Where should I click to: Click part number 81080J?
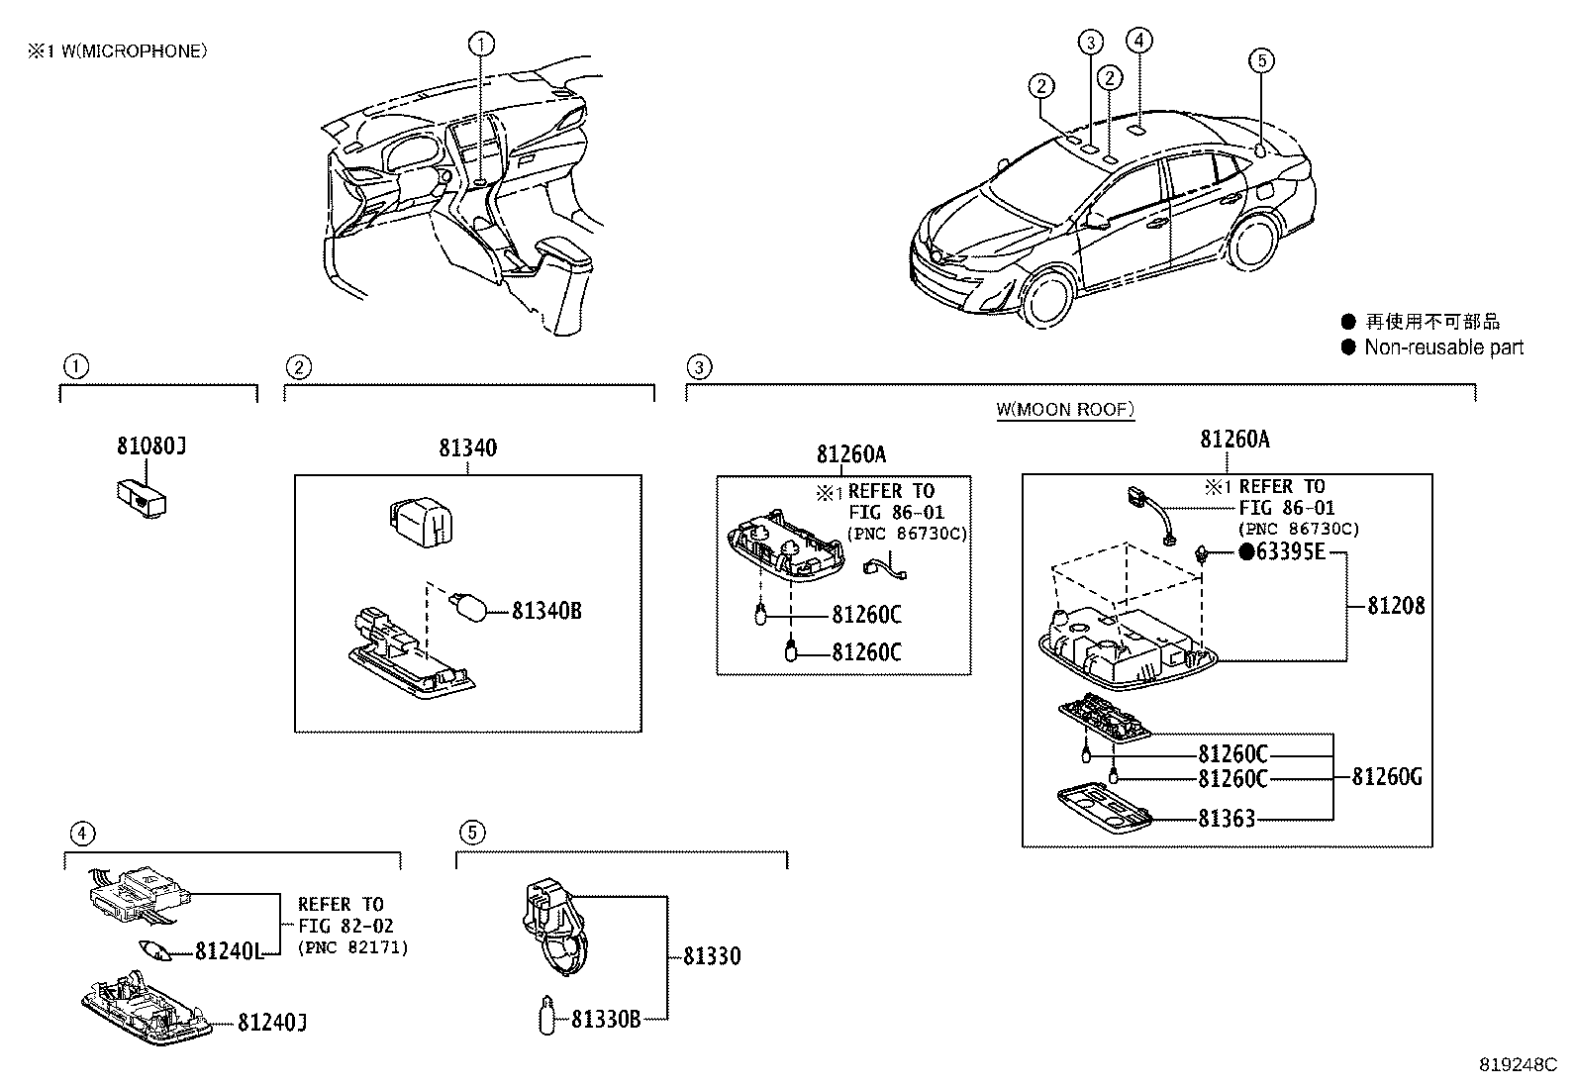[x=151, y=447]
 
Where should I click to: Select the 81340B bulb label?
[x=546, y=612]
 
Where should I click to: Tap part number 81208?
[x=1396, y=606]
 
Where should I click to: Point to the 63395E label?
[x=1290, y=552]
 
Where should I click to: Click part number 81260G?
[x=1387, y=777]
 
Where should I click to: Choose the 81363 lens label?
[x=1227, y=819]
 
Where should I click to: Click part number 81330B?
[x=606, y=1019]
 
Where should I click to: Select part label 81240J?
[x=271, y=1023]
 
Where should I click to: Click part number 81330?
[x=712, y=956]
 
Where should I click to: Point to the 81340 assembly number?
[x=468, y=448]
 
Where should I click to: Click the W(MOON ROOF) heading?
[x=1065, y=409]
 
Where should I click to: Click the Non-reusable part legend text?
[x=1443, y=347]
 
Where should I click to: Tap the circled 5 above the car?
[x=1260, y=61]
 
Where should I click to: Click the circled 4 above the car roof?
[x=1139, y=40]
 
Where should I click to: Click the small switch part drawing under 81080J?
[x=138, y=498]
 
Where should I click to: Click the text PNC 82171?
[x=351, y=948]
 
